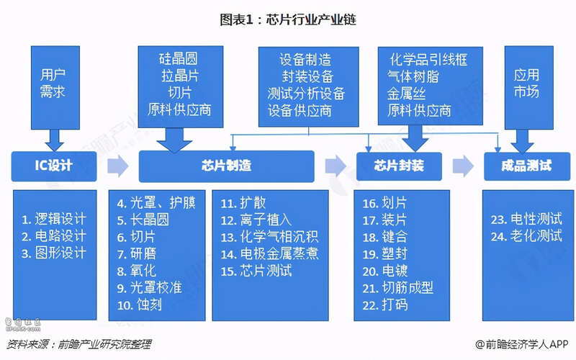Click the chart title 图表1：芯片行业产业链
tap(288, 19)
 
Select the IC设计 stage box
tap(54, 166)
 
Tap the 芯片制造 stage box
tap(226, 166)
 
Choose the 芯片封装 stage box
tap(399, 166)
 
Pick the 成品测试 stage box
tap(527, 166)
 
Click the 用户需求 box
tap(55, 87)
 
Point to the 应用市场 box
tap(529, 87)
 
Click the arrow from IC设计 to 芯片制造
tap(117, 166)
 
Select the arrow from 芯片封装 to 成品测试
tap(463, 166)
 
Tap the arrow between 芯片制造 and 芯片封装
tap(336, 166)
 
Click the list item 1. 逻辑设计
tap(54, 219)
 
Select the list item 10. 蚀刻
tap(139, 305)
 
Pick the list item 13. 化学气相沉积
tap(269, 237)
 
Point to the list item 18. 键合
tap(385, 237)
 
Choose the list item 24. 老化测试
tap(526, 236)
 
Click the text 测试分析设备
tap(307, 94)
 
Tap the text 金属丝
tap(406, 94)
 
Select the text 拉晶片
tap(180, 76)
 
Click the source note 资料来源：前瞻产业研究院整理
tap(78, 344)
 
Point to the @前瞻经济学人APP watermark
tap(522, 344)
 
